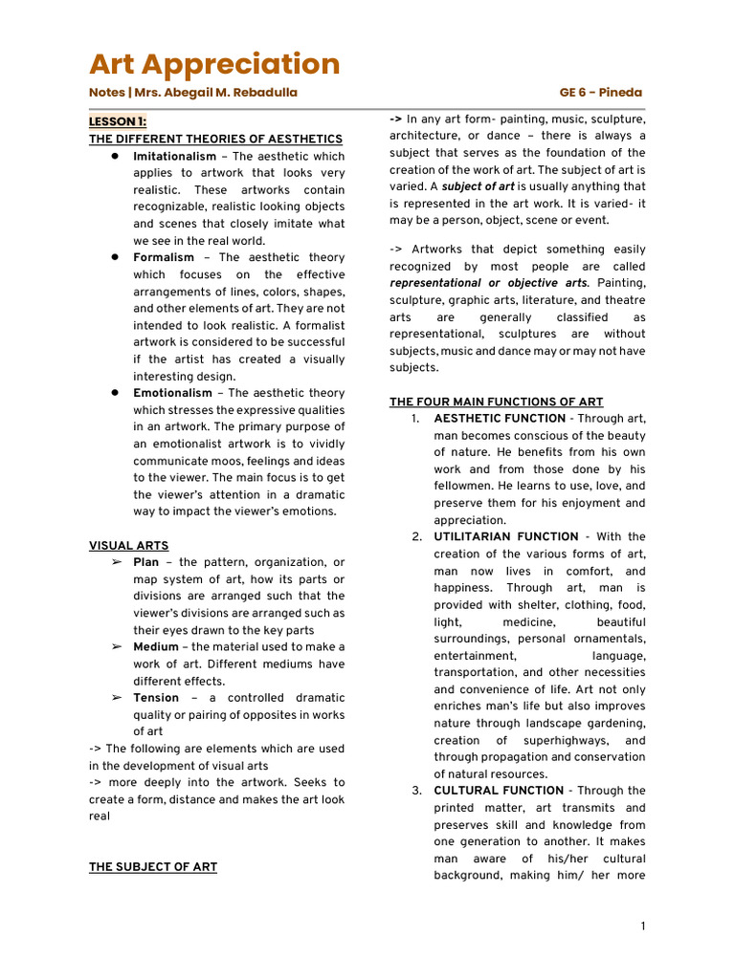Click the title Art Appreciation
(x=214, y=64)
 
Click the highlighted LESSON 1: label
(x=118, y=121)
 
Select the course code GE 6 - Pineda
(x=601, y=93)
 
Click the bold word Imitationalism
(x=174, y=156)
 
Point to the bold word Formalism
(x=164, y=257)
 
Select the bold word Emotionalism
(x=172, y=393)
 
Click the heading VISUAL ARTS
(x=128, y=546)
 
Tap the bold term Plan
(x=145, y=562)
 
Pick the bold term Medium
(x=156, y=647)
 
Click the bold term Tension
(x=156, y=698)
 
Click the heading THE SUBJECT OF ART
(x=153, y=867)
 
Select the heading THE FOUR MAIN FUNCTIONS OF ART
(x=496, y=402)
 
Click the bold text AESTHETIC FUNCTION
(x=500, y=419)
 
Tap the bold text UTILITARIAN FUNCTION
(x=506, y=537)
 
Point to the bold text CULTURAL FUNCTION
(x=499, y=791)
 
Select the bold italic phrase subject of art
(x=479, y=186)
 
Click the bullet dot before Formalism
(x=113, y=257)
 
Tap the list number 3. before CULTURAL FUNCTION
(x=417, y=791)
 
